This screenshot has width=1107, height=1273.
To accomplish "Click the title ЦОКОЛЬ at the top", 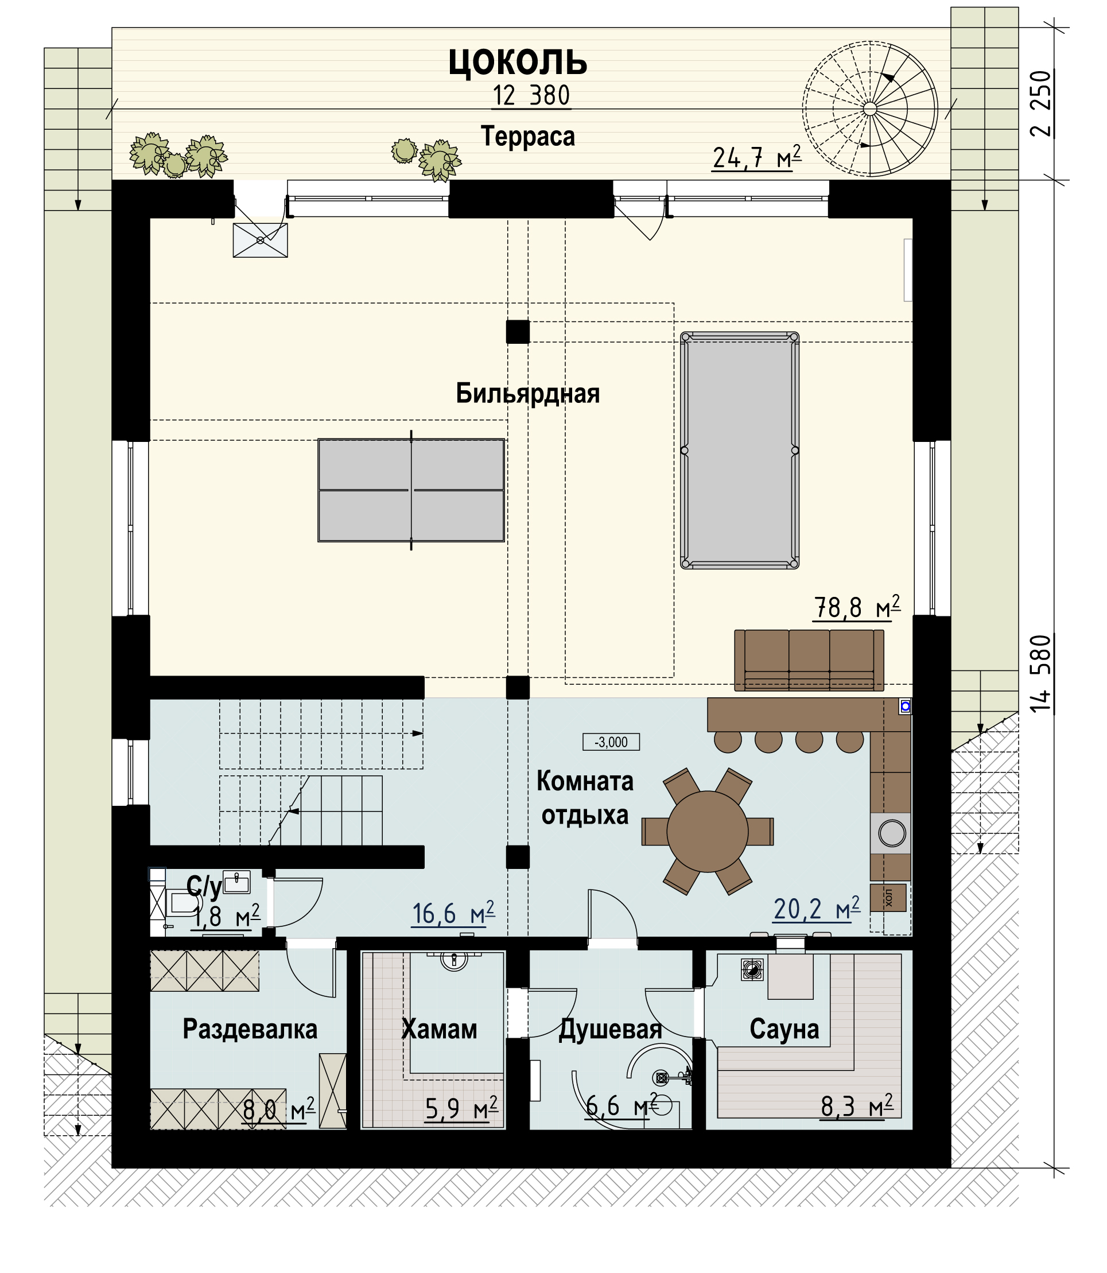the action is (x=518, y=63).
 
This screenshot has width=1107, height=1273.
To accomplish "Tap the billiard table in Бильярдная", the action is (x=740, y=451).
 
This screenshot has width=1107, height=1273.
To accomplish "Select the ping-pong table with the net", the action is (x=411, y=490).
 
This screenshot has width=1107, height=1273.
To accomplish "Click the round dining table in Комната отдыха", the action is (x=708, y=832).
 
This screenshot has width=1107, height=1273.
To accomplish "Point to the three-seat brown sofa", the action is (x=809, y=659).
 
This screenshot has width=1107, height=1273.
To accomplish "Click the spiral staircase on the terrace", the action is (x=870, y=109).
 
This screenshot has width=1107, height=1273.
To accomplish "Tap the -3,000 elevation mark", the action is (x=611, y=741).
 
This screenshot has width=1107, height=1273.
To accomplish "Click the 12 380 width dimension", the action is (x=531, y=96).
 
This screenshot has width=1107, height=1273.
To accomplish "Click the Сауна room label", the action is (x=784, y=1029).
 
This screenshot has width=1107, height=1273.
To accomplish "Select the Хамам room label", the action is (x=439, y=1029).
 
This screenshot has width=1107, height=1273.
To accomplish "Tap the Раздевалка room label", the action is (x=250, y=1029).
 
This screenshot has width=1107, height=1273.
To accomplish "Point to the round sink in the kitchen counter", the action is (x=892, y=833).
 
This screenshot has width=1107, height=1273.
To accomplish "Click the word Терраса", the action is (x=528, y=137).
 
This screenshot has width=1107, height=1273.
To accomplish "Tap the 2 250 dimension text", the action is (x=1041, y=104).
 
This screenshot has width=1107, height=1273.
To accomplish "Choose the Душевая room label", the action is (x=611, y=1030).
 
